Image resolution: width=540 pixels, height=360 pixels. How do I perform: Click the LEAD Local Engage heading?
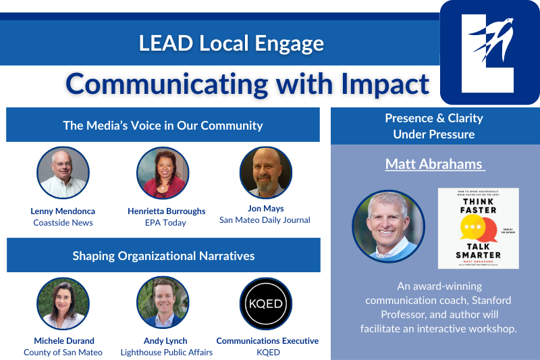click(x=231, y=43)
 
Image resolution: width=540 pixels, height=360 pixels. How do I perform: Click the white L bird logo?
click(x=489, y=53)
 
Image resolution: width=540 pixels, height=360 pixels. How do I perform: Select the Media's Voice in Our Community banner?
click(x=163, y=126)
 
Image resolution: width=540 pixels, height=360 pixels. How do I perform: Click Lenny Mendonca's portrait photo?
click(x=62, y=173)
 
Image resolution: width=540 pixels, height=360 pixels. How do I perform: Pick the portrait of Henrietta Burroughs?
click(x=162, y=173)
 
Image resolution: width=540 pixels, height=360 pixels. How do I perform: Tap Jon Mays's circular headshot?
click(x=265, y=173)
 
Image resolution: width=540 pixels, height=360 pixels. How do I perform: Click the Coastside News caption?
click(x=63, y=222)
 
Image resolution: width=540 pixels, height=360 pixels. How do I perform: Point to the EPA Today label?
click(x=165, y=222)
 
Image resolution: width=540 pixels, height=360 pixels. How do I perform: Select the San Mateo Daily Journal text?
click(x=265, y=220)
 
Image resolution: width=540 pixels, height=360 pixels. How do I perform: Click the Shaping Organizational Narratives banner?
click(x=163, y=255)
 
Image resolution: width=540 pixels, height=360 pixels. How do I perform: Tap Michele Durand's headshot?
click(x=63, y=303)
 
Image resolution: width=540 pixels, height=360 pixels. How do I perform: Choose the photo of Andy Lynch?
click(x=162, y=303)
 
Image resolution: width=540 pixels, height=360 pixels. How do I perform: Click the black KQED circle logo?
click(x=265, y=303)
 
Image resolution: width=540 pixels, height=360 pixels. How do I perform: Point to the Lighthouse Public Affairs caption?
click(x=166, y=352)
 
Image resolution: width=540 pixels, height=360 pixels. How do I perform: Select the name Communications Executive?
click(x=267, y=340)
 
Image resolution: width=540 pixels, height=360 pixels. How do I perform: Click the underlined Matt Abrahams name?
click(x=435, y=164)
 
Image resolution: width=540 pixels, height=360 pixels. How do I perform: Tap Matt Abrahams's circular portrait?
click(x=388, y=226)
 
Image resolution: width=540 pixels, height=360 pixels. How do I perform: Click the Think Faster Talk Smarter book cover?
click(x=478, y=228)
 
